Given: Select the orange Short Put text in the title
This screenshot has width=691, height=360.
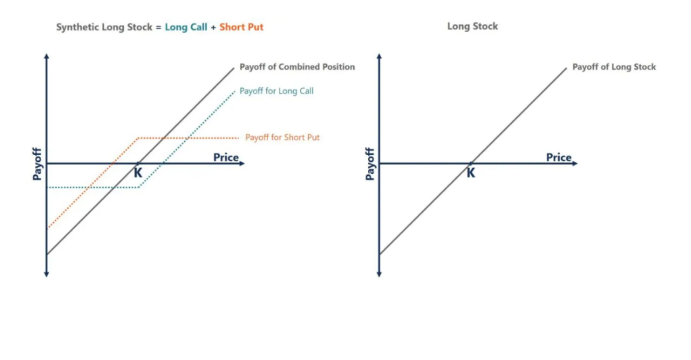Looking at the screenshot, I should click(241, 28).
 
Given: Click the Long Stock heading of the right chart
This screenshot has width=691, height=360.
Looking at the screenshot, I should click(472, 26).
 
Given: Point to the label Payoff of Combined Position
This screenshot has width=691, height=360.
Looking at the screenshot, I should click(297, 67).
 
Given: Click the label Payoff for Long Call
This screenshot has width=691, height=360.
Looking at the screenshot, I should click(277, 91).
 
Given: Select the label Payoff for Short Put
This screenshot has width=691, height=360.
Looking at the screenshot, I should click(282, 137).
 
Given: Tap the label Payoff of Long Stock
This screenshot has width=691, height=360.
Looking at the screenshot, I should click(614, 67).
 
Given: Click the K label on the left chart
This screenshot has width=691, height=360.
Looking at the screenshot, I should click(138, 173).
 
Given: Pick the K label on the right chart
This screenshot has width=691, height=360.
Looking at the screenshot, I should click(471, 173).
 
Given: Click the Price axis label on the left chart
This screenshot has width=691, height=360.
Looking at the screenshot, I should click(226, 158).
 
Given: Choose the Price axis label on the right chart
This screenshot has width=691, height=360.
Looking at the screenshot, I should click(559, 158).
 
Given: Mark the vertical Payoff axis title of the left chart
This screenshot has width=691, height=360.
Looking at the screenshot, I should click(37, 163).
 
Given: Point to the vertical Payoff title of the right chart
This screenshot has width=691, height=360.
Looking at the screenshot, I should click(370, 163).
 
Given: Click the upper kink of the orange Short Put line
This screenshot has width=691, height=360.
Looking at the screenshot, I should click(139, 138).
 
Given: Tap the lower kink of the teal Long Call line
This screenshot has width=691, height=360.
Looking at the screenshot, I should click(139, 187).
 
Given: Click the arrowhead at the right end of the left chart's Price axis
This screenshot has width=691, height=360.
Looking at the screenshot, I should click(241, 164).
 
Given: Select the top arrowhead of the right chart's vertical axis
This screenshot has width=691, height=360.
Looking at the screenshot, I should click(379, 55).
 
